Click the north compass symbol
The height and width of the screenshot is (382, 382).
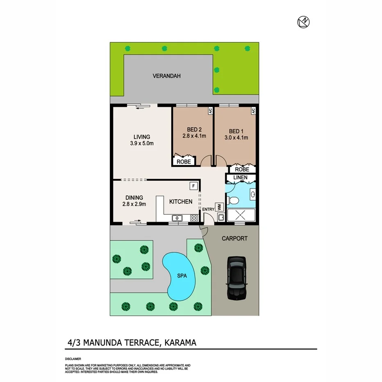pos(303,23)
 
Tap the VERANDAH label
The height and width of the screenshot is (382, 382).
pos(166,76)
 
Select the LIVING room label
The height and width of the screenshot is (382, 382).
pos(142,137)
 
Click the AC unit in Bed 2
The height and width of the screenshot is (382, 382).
pos(210,111)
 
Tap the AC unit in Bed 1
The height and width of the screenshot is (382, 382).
pos(253,111)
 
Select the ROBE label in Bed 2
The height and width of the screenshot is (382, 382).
pos(183,162)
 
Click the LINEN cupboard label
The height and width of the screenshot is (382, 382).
pos(241,177)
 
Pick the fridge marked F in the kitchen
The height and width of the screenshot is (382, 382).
pos(192,186)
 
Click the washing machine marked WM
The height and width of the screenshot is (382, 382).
pos(219,207)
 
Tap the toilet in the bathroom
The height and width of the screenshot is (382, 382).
pos(233,200)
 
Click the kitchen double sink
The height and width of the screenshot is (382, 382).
pos(177,218)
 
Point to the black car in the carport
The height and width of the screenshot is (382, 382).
pos(236,277)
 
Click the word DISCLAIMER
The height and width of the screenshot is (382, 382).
pos(73,359)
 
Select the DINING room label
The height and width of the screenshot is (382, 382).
pos(134,198)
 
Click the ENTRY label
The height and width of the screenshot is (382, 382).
pos(208,209)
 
